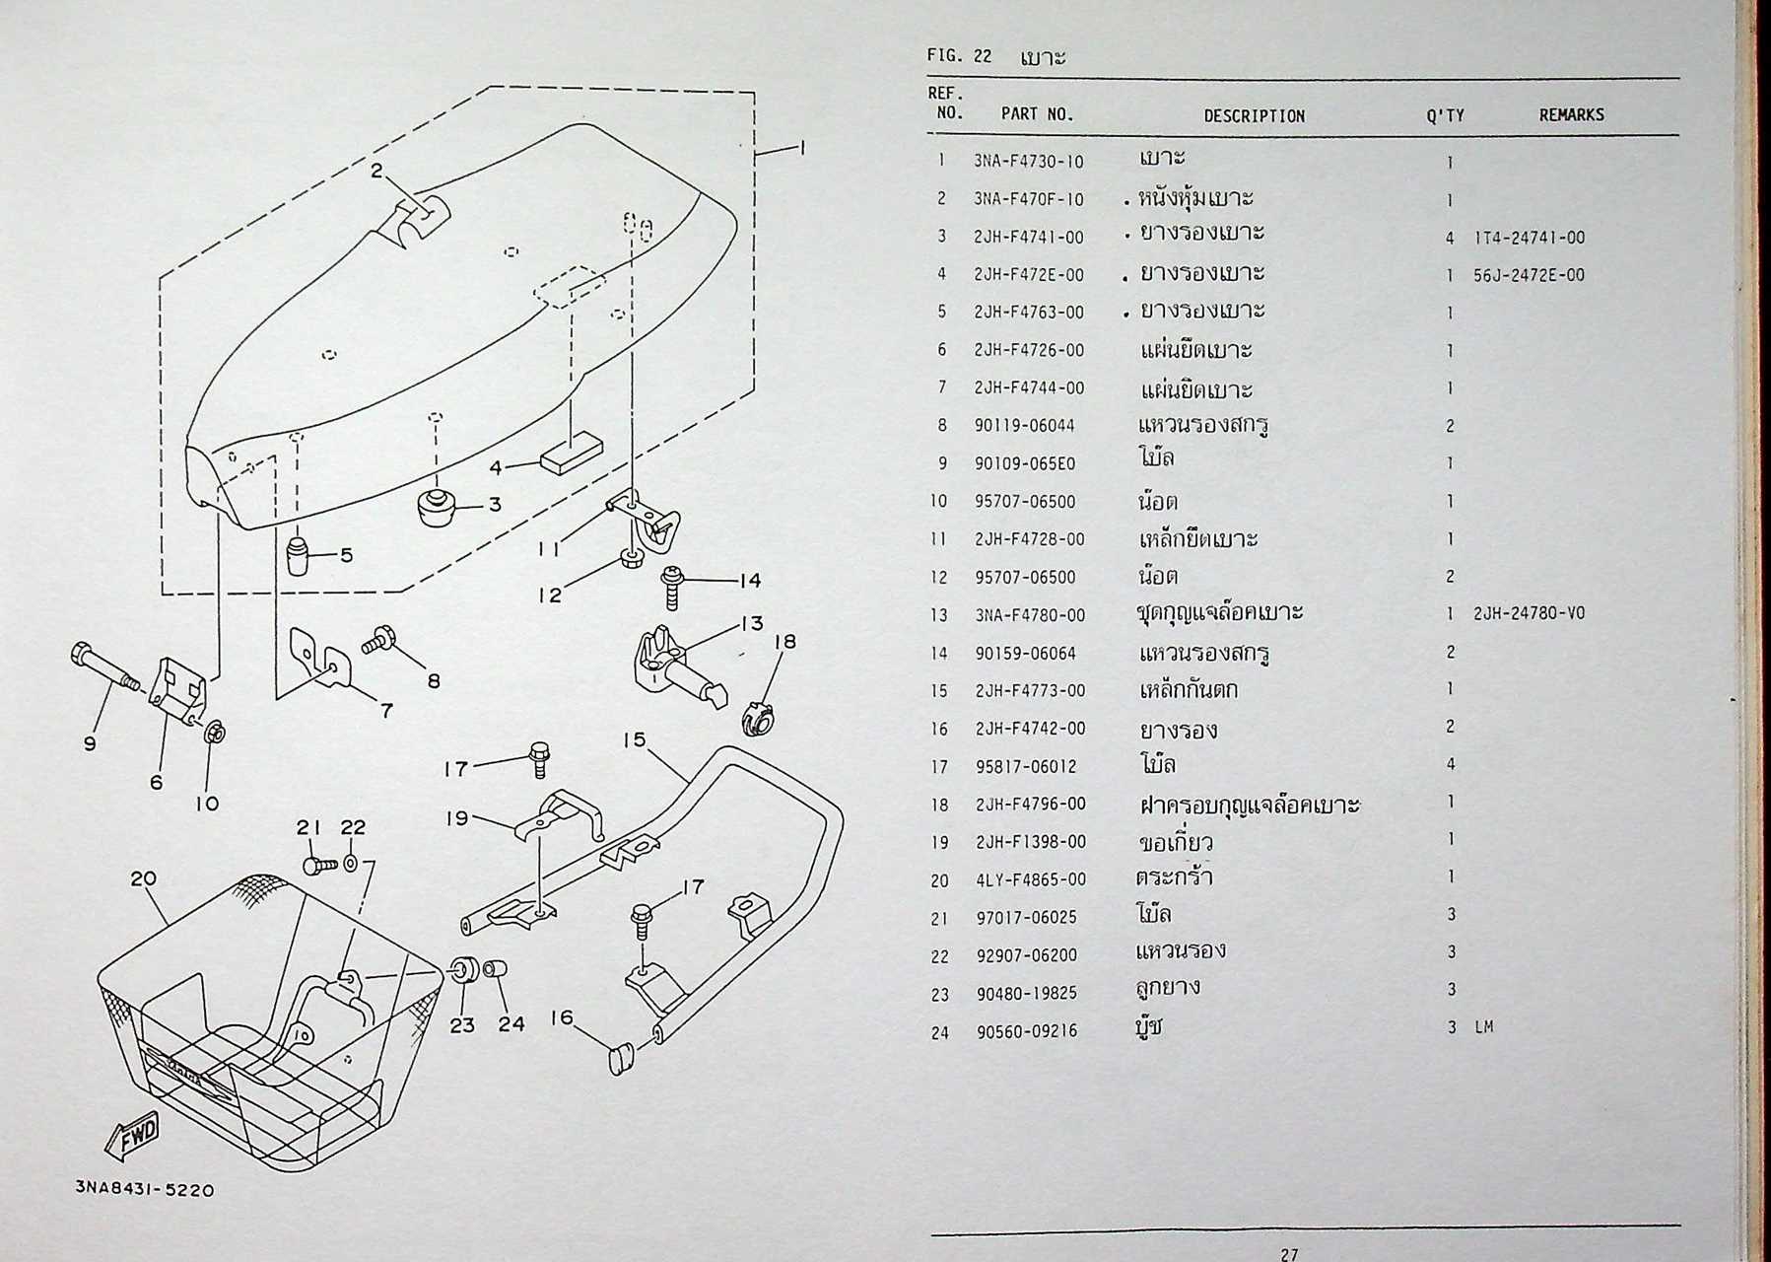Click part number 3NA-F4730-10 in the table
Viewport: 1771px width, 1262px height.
(x=1028, y=162)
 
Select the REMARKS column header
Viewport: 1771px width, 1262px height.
(x=1571, y=115)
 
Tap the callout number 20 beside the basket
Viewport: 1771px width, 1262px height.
(x=143, y=878)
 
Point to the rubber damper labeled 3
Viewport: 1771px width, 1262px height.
(x=432, y=507)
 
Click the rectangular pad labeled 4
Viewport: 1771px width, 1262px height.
(x=571, y=456)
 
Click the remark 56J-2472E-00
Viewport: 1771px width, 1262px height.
(x=1529, y=275)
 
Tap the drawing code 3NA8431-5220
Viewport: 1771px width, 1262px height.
(x=144, y=1190)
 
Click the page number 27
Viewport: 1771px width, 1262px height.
(x=1288, y=1254)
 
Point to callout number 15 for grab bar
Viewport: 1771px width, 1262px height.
(x=634, y=739)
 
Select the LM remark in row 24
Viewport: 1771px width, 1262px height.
(x=1484, y=1027)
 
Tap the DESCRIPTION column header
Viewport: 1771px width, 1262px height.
(x=1254, y=115)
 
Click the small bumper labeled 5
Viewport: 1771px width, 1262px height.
(x=298, y=556)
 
